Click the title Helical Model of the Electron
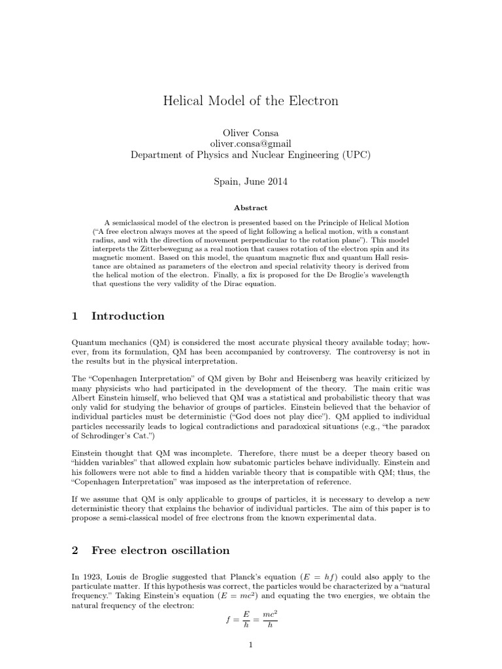point(250,101)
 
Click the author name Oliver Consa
point(250,131)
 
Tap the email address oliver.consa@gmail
point(250,143)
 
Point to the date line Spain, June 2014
point(250,181)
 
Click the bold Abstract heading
point(251,207)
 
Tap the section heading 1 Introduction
point(118,316)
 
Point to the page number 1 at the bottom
point(250,646)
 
